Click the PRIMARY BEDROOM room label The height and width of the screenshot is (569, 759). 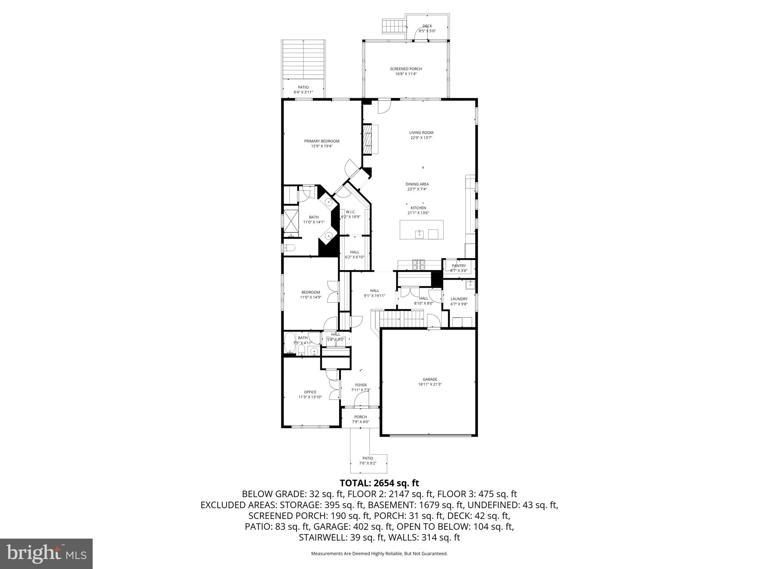coord(321,141)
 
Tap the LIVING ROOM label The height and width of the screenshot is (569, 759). coord(421,133)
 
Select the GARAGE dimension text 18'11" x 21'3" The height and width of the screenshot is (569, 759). coord(430,385)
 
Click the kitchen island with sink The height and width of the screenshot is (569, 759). coord(421,230)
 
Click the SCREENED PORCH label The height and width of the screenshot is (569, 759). coord(406,69)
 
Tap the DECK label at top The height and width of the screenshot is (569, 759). coord(427,26)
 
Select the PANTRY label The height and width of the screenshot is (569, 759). coord(458,266)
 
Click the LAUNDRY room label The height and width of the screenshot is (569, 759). coord(459,299)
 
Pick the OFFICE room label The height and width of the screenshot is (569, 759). coord(310,392)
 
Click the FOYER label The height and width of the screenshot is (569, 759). coord(361,385)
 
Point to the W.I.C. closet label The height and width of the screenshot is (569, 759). coord(351,212)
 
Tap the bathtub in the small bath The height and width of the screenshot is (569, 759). coord(289,343)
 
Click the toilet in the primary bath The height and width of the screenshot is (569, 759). coord(289,248)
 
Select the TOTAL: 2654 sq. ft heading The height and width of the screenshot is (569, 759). coord(379,483)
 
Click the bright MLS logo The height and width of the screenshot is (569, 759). coord(46,553)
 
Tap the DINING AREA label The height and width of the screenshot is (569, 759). coord(417,184)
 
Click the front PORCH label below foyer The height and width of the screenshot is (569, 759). coord(360,417)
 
